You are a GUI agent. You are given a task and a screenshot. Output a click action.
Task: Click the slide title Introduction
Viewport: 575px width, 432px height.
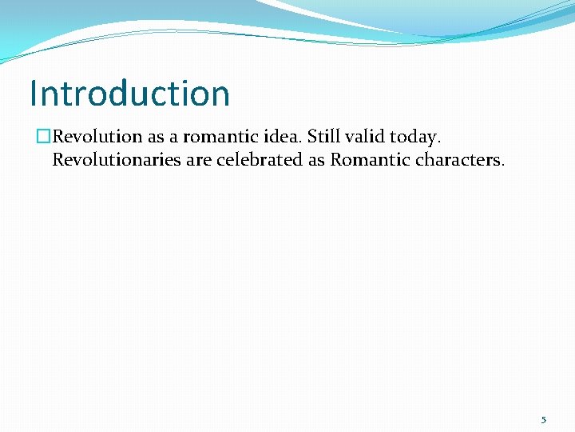tap(129, 94)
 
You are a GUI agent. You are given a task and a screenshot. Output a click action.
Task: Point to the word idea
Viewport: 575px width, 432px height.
tap(284, 137)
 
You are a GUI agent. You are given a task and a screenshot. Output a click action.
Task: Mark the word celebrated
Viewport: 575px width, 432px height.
tap(260, 159)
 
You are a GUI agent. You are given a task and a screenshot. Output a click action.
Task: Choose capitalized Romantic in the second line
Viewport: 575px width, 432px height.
tap(370, 159)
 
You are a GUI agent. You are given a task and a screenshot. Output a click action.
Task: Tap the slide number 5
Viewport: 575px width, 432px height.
tap(543, 420)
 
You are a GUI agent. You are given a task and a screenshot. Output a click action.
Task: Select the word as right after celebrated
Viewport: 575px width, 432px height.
tap(318, 160)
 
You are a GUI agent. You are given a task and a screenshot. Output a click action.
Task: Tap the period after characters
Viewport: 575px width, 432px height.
tap(502, 164)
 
